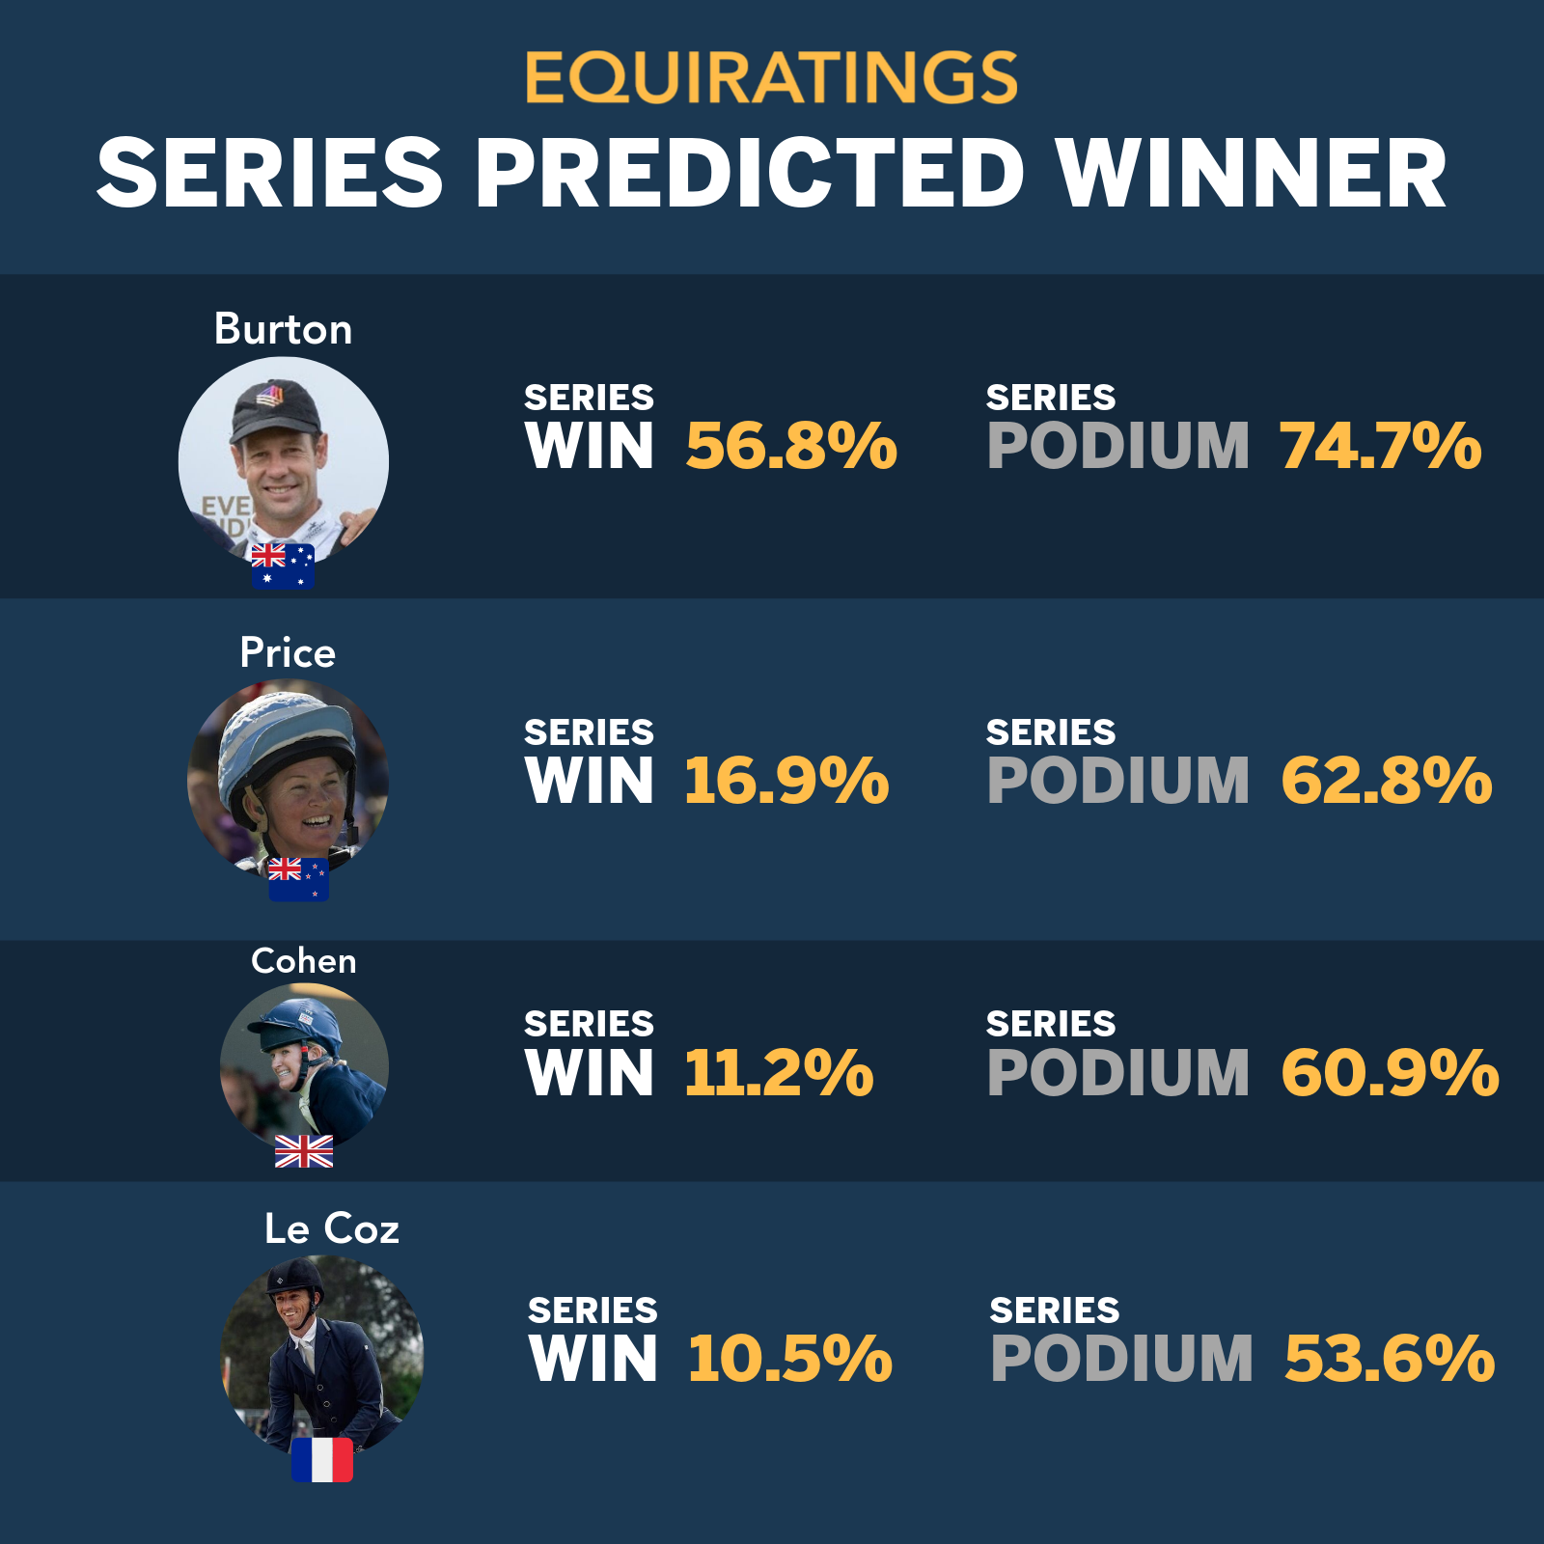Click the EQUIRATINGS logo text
pyautogui.click(x=772, y=77)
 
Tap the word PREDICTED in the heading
pyautogui.click(x=750, y=174)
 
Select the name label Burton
pyautogui.click(x=283, y=329)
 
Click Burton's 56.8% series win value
pyautogui.click(x=791, y=446)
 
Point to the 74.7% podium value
pyautogui.click(x=1381, y=446)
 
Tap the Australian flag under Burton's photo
pyautogui.click(x=283, y=566)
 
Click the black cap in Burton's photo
pyautogui.click(x=275, y=407)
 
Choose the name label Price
pyautogui.click(x=288, y=653)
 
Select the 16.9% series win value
pyautogui.click(x=786, y=781)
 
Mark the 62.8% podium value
pyautogui.click(x=1387, y=781)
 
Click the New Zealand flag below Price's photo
pyautogui.click(x=298, y=879)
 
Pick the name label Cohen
pyautogui.click(x=304, y=961)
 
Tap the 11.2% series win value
pyautogui.click(x=779, y=1073)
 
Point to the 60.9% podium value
pyautogui.click(x=1390, y=1073)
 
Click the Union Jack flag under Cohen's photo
pyautogui.click(x=304, y=1151)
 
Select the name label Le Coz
pyautogui.click(x=332, y=1229)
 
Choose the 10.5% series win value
pyautogui.click(x=790, y=1359)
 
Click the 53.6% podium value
pyautogui.click(x=1390, y=1359)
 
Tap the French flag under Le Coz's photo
pyautogui.click(x=322, y=1459)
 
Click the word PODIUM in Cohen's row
pyautogui.click(x=1118, y=1073)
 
